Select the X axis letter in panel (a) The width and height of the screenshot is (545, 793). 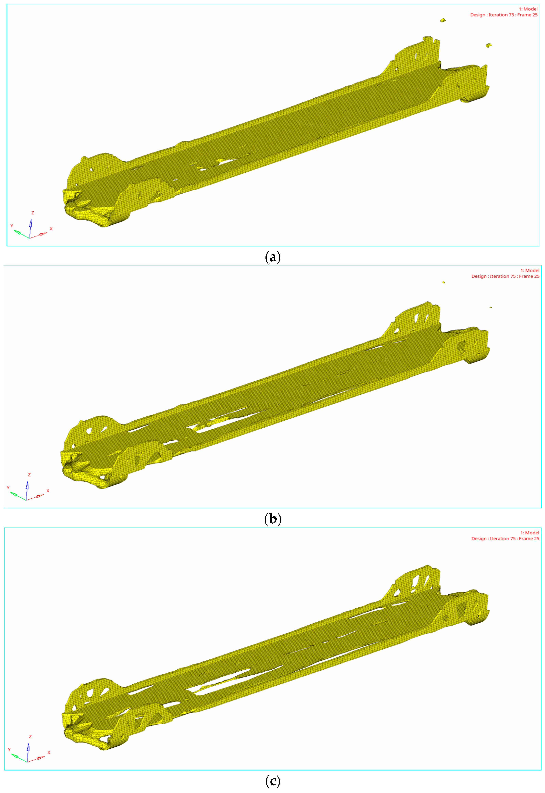point(51,229)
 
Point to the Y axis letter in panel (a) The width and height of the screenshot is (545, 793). point(12,226)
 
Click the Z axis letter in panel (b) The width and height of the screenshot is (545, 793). point(29,474)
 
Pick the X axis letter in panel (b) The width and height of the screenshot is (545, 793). point(48,491)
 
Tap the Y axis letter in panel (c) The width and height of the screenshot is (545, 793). point(9,749)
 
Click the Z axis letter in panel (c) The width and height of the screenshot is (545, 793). point(30,736)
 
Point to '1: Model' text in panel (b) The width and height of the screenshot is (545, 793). point(530,270)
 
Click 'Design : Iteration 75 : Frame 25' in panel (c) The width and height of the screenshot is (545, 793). point(505,538)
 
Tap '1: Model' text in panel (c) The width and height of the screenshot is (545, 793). point(530,532)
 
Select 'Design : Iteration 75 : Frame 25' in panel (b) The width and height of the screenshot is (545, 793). point(505,276)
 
